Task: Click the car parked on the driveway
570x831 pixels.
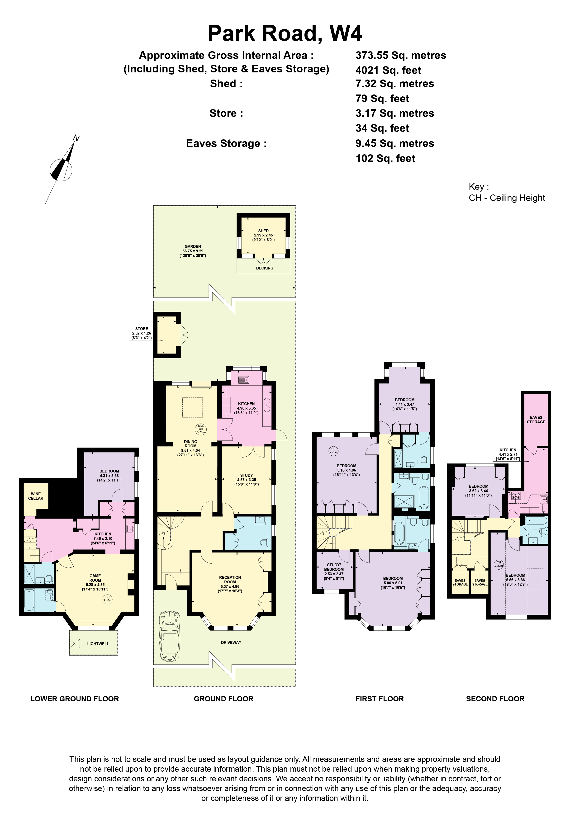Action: [x=170, y=635]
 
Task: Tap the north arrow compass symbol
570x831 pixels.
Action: [x=62, y=170]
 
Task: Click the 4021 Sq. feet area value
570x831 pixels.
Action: [x=388, y=70]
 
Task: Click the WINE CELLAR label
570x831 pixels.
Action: [x=36, y=496]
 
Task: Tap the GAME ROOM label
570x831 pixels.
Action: [x=95, y=578]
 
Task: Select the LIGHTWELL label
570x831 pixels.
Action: [x=98, y=644]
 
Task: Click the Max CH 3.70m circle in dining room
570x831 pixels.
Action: [x=201, y=429]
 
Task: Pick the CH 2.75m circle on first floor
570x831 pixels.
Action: [x=333, y=451]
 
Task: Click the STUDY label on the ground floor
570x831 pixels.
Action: [x=246, y=476]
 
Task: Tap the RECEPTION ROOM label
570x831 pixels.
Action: [x=230, y=580]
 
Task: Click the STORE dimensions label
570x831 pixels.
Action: [x=142, y=333]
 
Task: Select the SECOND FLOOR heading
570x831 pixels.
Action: [x=495, y=699]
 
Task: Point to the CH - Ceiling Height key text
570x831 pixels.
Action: [x=507, y=198]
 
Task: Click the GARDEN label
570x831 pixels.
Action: [x=193, y=246]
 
